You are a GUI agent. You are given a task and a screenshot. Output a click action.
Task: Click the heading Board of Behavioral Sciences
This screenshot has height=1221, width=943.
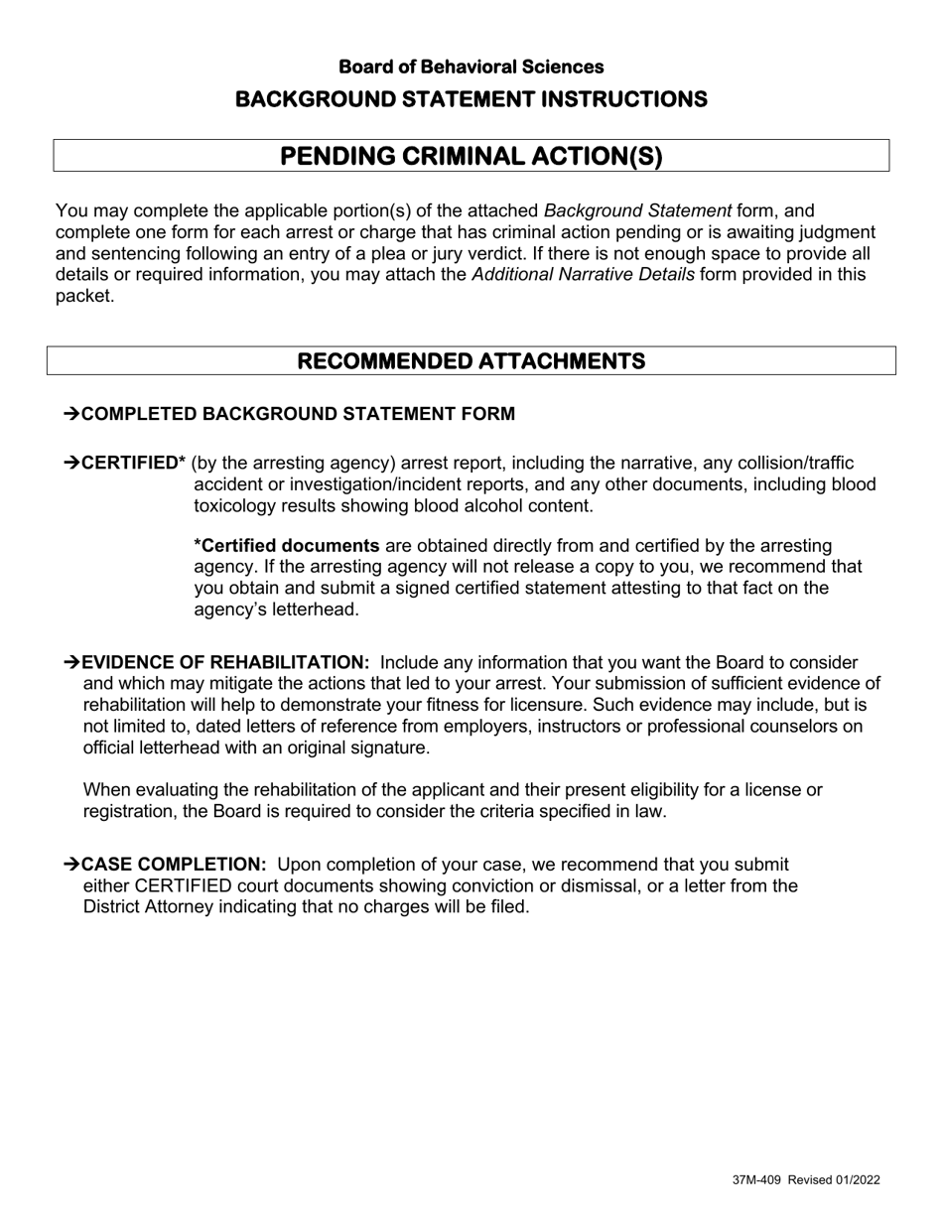(x=471, y=67)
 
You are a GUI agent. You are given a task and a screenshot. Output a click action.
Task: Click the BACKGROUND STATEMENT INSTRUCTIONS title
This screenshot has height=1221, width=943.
(x=471, y=99)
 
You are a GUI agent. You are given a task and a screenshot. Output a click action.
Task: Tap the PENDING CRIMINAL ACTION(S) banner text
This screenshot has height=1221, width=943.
(x=471, y=156)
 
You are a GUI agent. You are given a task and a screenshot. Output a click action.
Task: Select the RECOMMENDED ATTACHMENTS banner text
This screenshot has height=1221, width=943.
(x=471, y=360)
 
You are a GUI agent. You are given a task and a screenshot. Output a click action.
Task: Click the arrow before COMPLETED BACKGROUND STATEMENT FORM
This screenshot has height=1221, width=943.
(x=71, y=414)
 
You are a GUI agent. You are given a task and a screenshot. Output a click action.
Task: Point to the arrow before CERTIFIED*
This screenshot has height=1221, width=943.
(x=71, y=464)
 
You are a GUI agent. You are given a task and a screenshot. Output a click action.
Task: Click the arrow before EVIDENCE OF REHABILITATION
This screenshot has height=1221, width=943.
(x=71, y=663)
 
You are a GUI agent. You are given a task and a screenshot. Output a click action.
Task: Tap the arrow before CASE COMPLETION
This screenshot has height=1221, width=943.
(x=71, y=865)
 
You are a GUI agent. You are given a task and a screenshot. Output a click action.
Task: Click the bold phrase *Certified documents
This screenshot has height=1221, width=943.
(x=287, y=546)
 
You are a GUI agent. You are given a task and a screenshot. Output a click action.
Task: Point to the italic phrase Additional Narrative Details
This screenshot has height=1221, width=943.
(x=583, y=275)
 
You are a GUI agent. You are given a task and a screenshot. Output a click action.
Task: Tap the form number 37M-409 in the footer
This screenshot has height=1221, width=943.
(x=757, y=1180)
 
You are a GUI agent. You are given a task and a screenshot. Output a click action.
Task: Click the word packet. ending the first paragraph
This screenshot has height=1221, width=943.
(x=84, y=296)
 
